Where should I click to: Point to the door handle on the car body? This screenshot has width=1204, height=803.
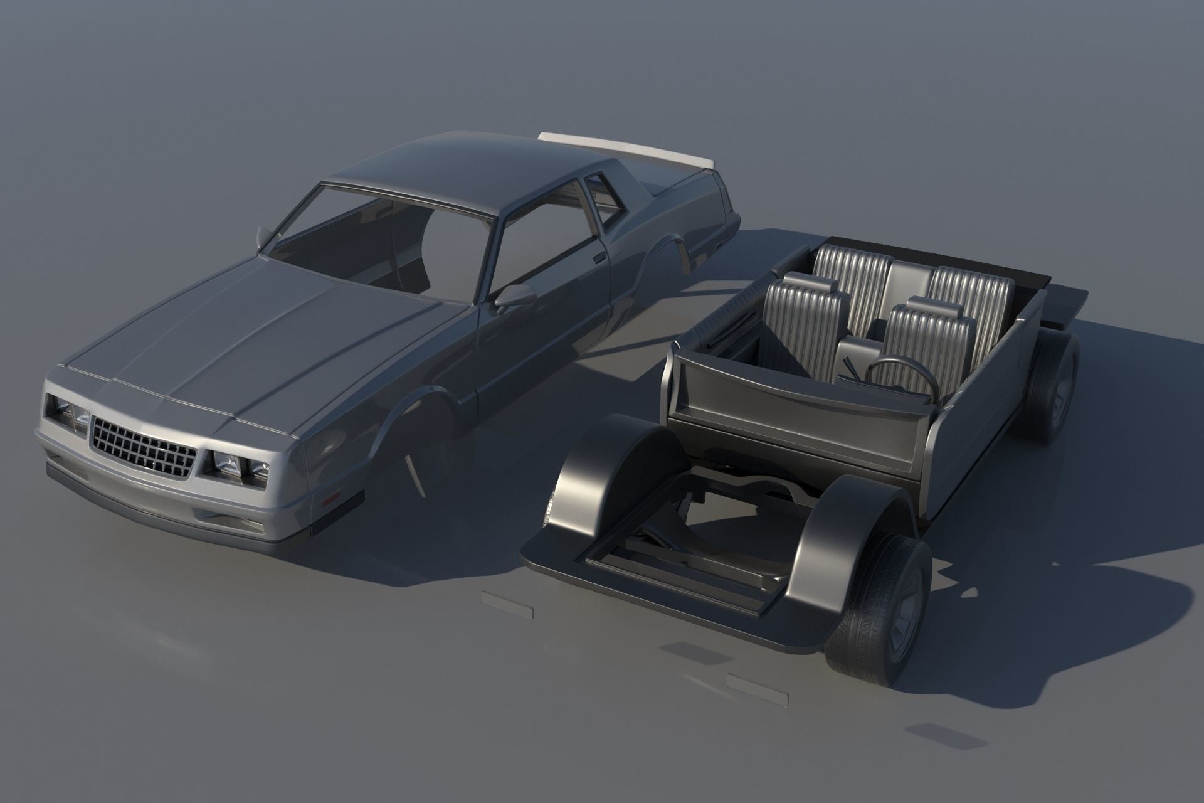[x=599, y=257]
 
